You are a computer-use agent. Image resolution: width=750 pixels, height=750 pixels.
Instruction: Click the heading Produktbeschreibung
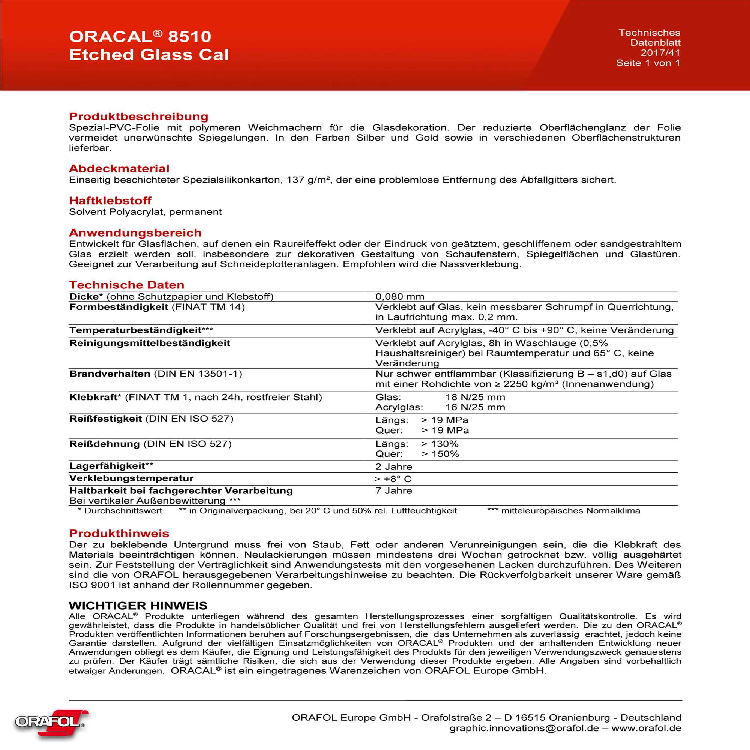[x=139, y=117]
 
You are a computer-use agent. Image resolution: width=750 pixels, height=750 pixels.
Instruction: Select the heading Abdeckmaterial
[x=119, y=168]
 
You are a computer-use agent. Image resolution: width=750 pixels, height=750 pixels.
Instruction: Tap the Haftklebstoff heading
[x=110, y=201]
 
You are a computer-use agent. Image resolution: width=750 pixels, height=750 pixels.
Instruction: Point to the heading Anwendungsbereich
[x=135, y=232]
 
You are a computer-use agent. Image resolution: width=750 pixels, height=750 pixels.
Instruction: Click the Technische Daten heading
[x=126, y=285]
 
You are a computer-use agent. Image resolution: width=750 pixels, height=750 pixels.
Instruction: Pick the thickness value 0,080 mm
[x=400, y=297]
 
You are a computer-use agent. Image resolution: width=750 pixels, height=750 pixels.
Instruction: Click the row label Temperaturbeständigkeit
[x=135, y=330]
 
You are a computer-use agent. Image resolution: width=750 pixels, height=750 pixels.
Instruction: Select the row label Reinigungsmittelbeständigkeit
[x=150, y=343]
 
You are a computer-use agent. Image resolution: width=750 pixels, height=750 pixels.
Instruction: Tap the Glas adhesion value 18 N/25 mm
[x=475, y=397]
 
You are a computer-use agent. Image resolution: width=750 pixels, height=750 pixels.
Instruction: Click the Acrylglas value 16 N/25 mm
[x=475, y=407]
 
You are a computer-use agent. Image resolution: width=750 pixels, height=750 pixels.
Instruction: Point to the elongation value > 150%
[x=440, y=454]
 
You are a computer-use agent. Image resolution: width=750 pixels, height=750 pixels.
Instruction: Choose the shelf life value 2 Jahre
[x=394, y=466]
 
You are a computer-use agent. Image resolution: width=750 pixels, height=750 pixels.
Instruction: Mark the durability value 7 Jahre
[x=394, y=490]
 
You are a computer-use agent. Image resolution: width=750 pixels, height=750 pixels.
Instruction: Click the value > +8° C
[x=393, y=479]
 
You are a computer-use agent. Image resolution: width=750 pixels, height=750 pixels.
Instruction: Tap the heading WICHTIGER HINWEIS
[x=138, y=606]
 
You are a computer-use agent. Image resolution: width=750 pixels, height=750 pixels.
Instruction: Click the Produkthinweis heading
[x=119, y=533]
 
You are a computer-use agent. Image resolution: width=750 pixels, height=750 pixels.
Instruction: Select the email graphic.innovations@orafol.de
[x=524, y=728]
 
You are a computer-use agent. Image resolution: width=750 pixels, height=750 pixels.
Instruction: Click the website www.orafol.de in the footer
[x=646, y=728]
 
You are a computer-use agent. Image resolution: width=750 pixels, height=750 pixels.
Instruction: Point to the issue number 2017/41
[x=660, y=53]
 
